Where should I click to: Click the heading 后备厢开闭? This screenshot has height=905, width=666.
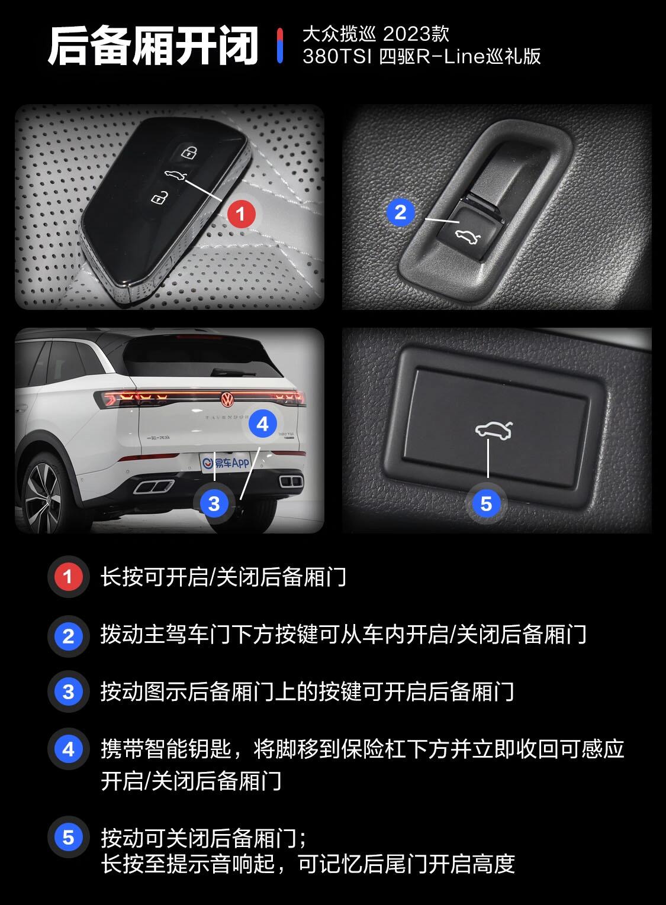(153, 46)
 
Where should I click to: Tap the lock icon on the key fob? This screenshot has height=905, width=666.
(188, 151)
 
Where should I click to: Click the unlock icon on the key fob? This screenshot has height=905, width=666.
(158, 198)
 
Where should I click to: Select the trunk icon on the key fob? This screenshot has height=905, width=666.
(175, 176)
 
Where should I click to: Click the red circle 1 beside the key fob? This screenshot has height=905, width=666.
(241, 213)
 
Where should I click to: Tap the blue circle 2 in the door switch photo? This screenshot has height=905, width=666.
(401, 212)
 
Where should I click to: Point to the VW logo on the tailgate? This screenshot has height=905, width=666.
(227, 399)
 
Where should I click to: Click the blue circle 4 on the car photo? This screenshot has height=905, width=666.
(263, 424)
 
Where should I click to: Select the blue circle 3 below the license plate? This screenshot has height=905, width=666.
(214, 503)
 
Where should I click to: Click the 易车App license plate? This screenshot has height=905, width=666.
(225, 463)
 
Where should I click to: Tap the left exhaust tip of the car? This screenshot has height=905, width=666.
(154, 486)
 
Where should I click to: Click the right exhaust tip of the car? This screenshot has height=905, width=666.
(291, 481)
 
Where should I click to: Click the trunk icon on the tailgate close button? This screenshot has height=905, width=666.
(493, 430)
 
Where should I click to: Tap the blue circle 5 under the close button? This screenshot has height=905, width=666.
(486, 503)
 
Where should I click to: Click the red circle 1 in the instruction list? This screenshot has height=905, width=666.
(68, 577)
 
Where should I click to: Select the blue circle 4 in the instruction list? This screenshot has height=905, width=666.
(68, 749)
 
